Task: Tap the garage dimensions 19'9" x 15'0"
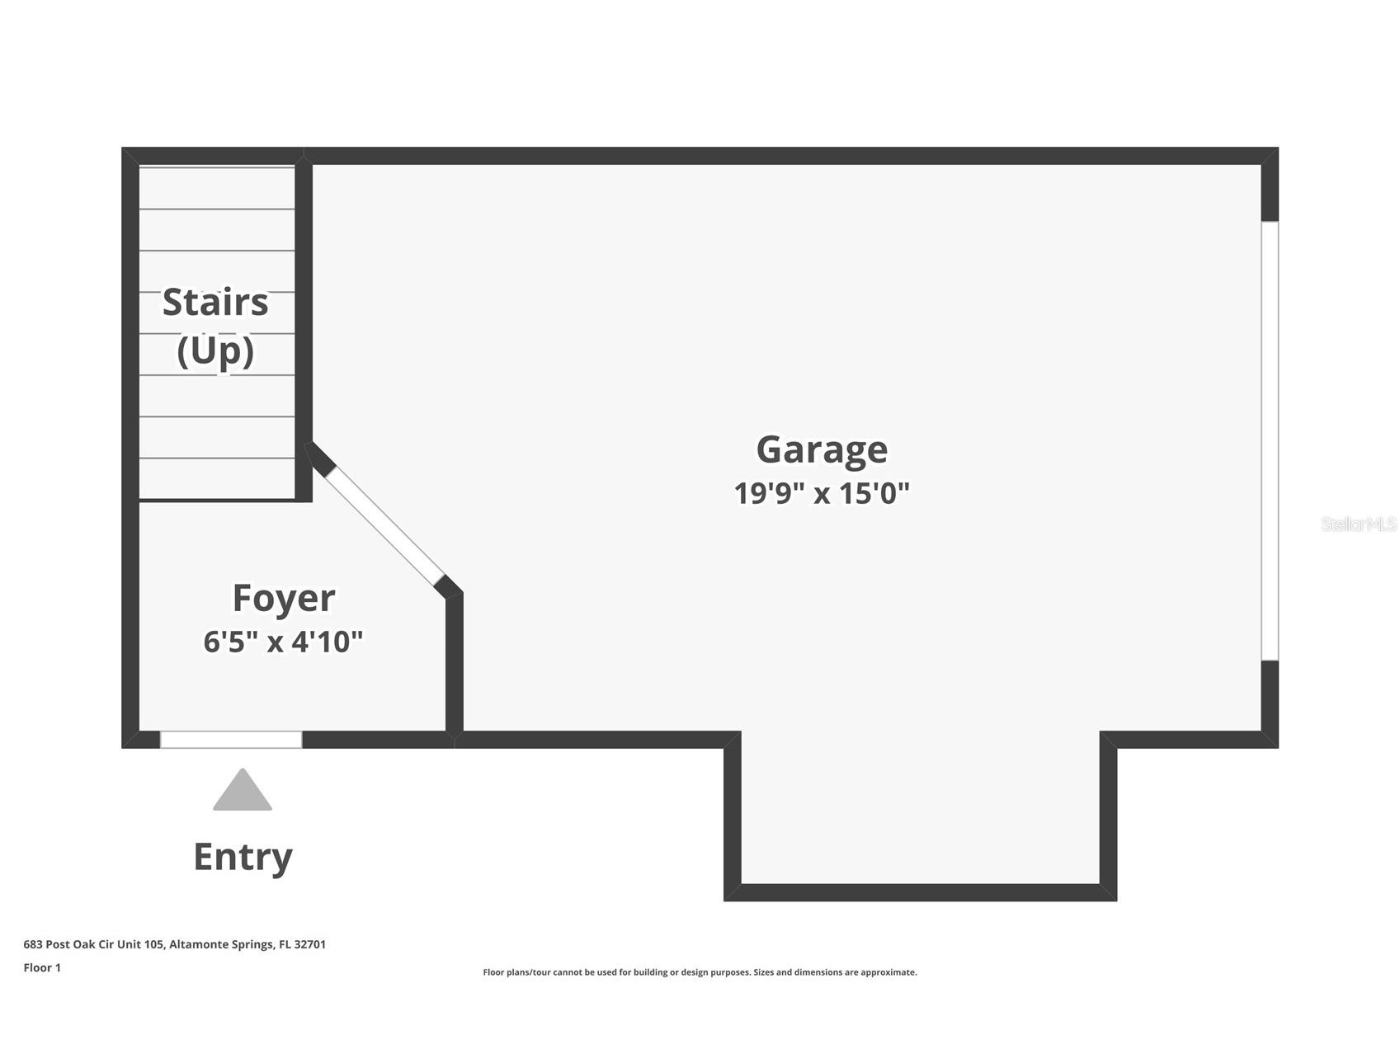(822, 493)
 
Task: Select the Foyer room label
(284, 599)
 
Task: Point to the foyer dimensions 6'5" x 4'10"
(284, 642)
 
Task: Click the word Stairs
(215, 302)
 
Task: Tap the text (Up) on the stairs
(215, 351)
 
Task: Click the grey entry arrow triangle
(243, 790)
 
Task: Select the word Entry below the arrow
(243, 858)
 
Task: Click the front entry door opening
(231, 740)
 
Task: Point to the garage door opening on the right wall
(1270, 440)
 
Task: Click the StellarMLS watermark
(1358, 524)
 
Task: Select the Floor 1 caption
(42, 967)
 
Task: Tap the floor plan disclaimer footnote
(700, 972)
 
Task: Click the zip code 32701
(309, 944)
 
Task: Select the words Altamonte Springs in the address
(222, 944)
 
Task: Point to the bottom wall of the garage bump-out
(921, 892)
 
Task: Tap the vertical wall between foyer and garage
(454, 663)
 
